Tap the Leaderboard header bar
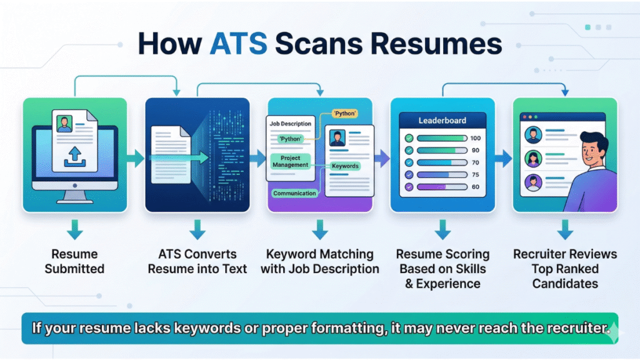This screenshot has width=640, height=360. point(442,120)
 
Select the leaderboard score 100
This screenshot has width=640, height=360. point(475,138)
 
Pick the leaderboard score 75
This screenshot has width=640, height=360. point(475,175)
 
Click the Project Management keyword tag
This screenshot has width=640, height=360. point(291,161)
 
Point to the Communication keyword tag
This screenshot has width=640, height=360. point(294,193)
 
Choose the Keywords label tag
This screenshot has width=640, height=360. point(345,166)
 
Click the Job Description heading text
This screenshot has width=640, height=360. point(290,124)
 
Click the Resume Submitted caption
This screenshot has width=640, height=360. point(74,262)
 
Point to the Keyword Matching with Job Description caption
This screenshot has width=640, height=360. point(320,262)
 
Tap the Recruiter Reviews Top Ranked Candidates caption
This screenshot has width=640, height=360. point(565,269)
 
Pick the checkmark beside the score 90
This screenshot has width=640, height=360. point(409,150)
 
